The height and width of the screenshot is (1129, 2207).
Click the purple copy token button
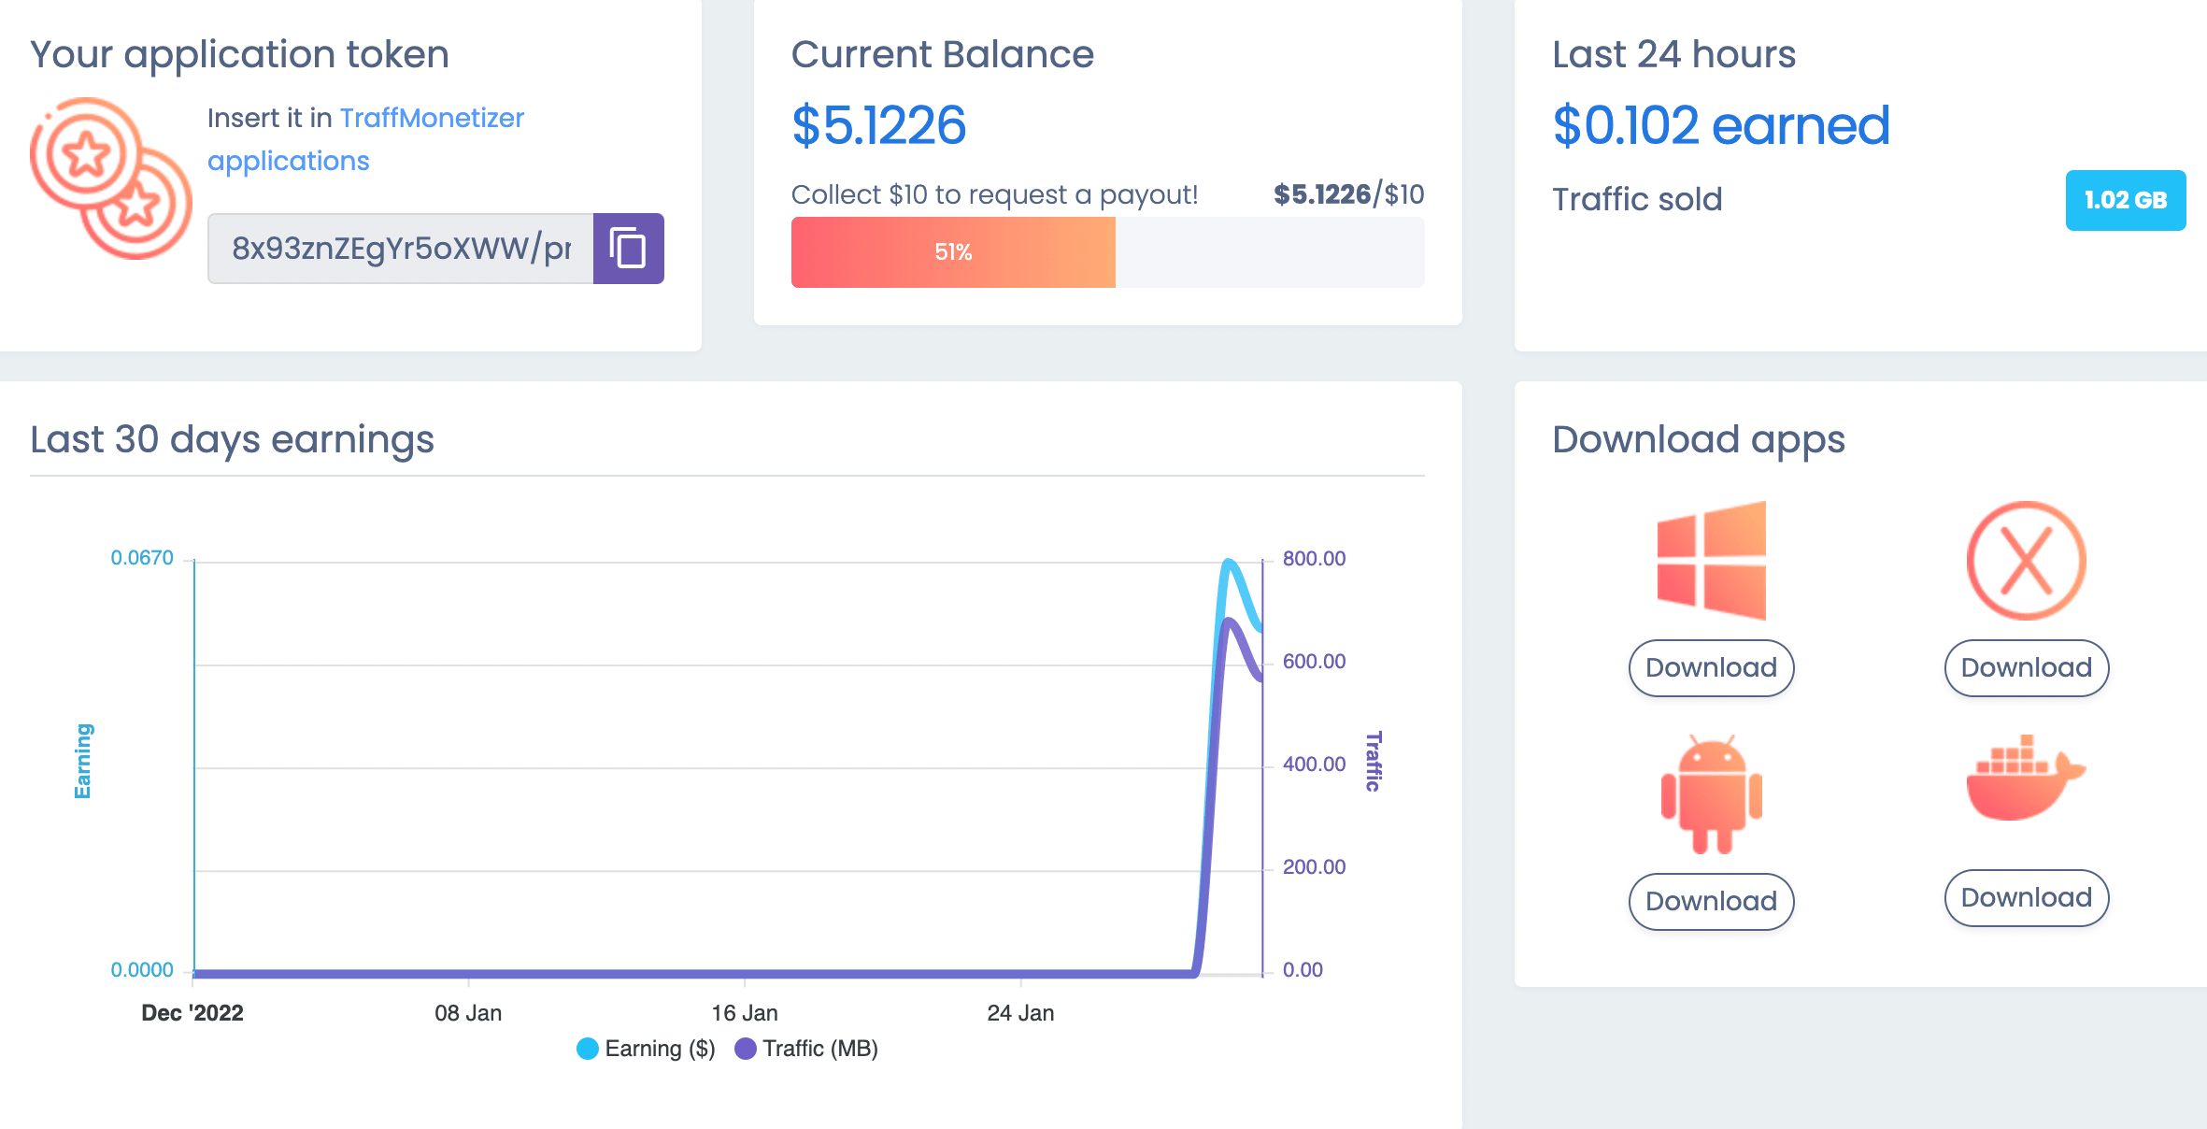628,249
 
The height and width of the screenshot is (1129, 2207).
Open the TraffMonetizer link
431,118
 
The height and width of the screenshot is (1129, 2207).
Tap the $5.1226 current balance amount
878,125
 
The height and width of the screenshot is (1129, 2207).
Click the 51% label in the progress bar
953,252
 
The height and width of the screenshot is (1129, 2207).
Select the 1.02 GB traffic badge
2125,200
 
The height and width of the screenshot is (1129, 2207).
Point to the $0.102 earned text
1720,125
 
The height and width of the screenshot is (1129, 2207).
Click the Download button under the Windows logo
1711,667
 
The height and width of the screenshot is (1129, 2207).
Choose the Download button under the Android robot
1711,901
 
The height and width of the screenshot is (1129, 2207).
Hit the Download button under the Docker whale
2026,897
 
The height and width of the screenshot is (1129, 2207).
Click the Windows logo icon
1711,561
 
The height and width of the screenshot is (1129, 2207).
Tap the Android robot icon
1711,794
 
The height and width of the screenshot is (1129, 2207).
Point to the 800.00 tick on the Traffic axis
1314,559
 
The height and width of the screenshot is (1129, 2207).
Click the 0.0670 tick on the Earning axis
142,558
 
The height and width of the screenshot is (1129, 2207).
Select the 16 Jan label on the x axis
744,1013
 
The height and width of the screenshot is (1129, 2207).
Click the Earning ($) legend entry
647,1049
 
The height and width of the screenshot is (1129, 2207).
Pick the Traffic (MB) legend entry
807,1049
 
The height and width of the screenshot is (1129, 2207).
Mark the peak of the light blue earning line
1229,562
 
